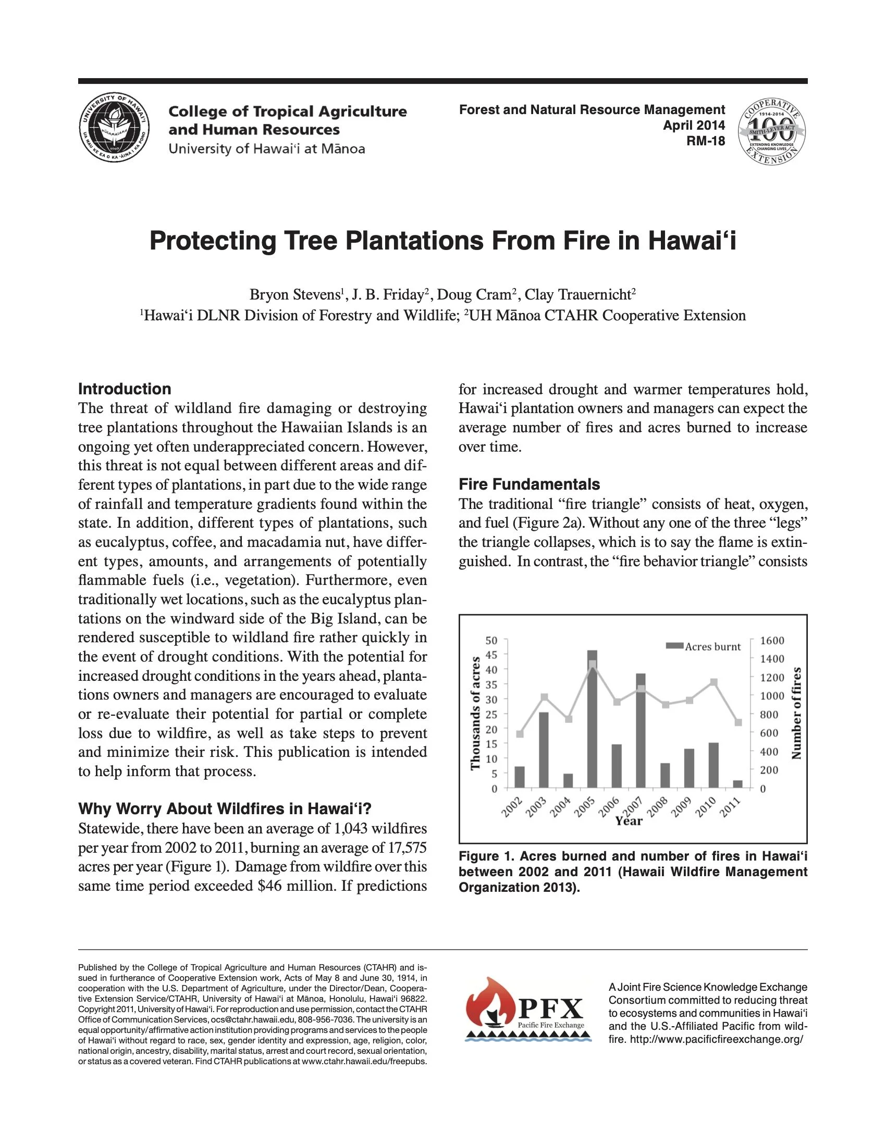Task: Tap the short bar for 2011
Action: (x=738, y=784)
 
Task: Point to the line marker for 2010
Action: (x=714, y=682)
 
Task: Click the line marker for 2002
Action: (x=520, y=733)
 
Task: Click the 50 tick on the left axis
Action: (x=491, y=640)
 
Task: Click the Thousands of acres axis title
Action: (x=475, y=714)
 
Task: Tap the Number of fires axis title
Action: (x=797, y=714)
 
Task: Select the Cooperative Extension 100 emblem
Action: (x=771, y=129)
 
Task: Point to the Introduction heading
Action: (x=125, y=389)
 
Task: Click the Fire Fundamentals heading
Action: (x=529, y=484)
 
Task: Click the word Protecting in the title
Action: (x=213, y=241)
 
